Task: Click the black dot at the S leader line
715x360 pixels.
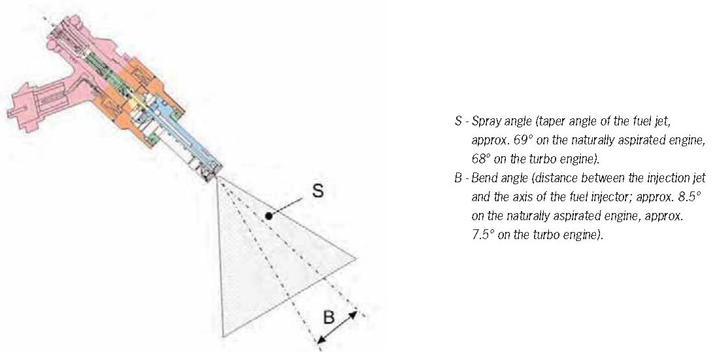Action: (x=267, y=215)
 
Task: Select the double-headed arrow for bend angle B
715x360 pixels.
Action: (x=337, y=327)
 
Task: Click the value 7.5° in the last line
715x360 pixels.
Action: (x=481, y=235)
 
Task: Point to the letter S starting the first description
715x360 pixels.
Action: (x=457, y=122)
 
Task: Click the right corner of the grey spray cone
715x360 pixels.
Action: (x=357, y=258)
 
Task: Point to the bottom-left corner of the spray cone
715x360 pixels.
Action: (x=224, y=336)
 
